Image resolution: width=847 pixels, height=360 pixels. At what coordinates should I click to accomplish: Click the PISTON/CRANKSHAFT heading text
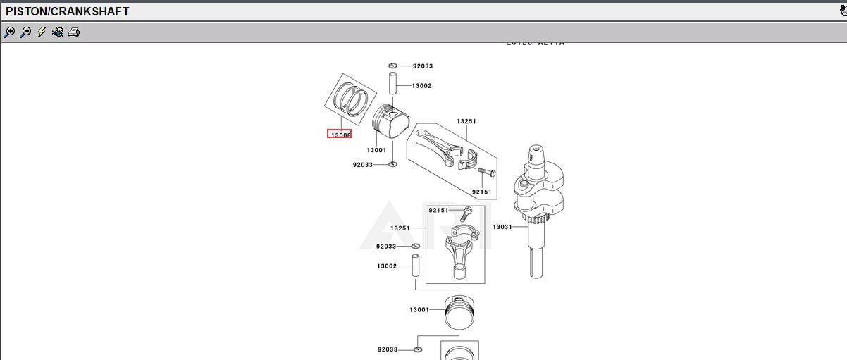(68, 11)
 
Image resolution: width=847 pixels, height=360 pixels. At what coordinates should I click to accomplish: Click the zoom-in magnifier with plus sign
(9, 32)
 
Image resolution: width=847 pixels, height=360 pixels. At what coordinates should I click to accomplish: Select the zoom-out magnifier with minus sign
(25, 32)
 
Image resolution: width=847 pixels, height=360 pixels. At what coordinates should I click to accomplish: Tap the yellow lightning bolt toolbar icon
(42, 32)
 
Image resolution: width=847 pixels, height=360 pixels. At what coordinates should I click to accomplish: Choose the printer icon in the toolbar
(74, 32)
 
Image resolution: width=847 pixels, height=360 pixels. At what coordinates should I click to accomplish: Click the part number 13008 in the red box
(340, 135)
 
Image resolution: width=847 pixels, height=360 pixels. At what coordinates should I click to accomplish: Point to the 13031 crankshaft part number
(502, 227)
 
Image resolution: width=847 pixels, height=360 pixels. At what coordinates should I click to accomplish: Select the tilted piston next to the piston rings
(390, 122)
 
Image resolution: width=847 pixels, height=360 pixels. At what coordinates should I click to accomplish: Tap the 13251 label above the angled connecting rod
(466, 121)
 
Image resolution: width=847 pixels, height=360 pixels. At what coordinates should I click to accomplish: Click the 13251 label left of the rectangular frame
(400, 228)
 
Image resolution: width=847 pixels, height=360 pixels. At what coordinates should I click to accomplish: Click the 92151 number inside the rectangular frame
(438, 210)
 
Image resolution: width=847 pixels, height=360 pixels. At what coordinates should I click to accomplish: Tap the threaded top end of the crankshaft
(538, 152)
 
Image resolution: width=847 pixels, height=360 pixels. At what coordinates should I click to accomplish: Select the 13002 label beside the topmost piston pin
(421, 86)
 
